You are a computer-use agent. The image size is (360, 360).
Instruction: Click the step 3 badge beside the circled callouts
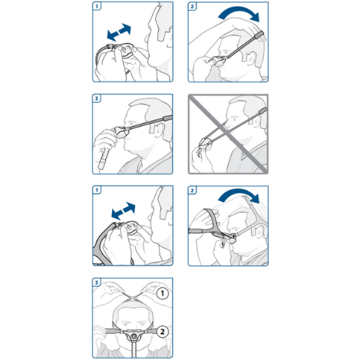[97, 282]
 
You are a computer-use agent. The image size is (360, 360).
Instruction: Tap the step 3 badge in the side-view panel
[97, 99]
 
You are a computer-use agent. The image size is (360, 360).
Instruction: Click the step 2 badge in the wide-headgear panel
[193, 190]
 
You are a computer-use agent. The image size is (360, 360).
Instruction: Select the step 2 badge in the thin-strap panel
[193, 6]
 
